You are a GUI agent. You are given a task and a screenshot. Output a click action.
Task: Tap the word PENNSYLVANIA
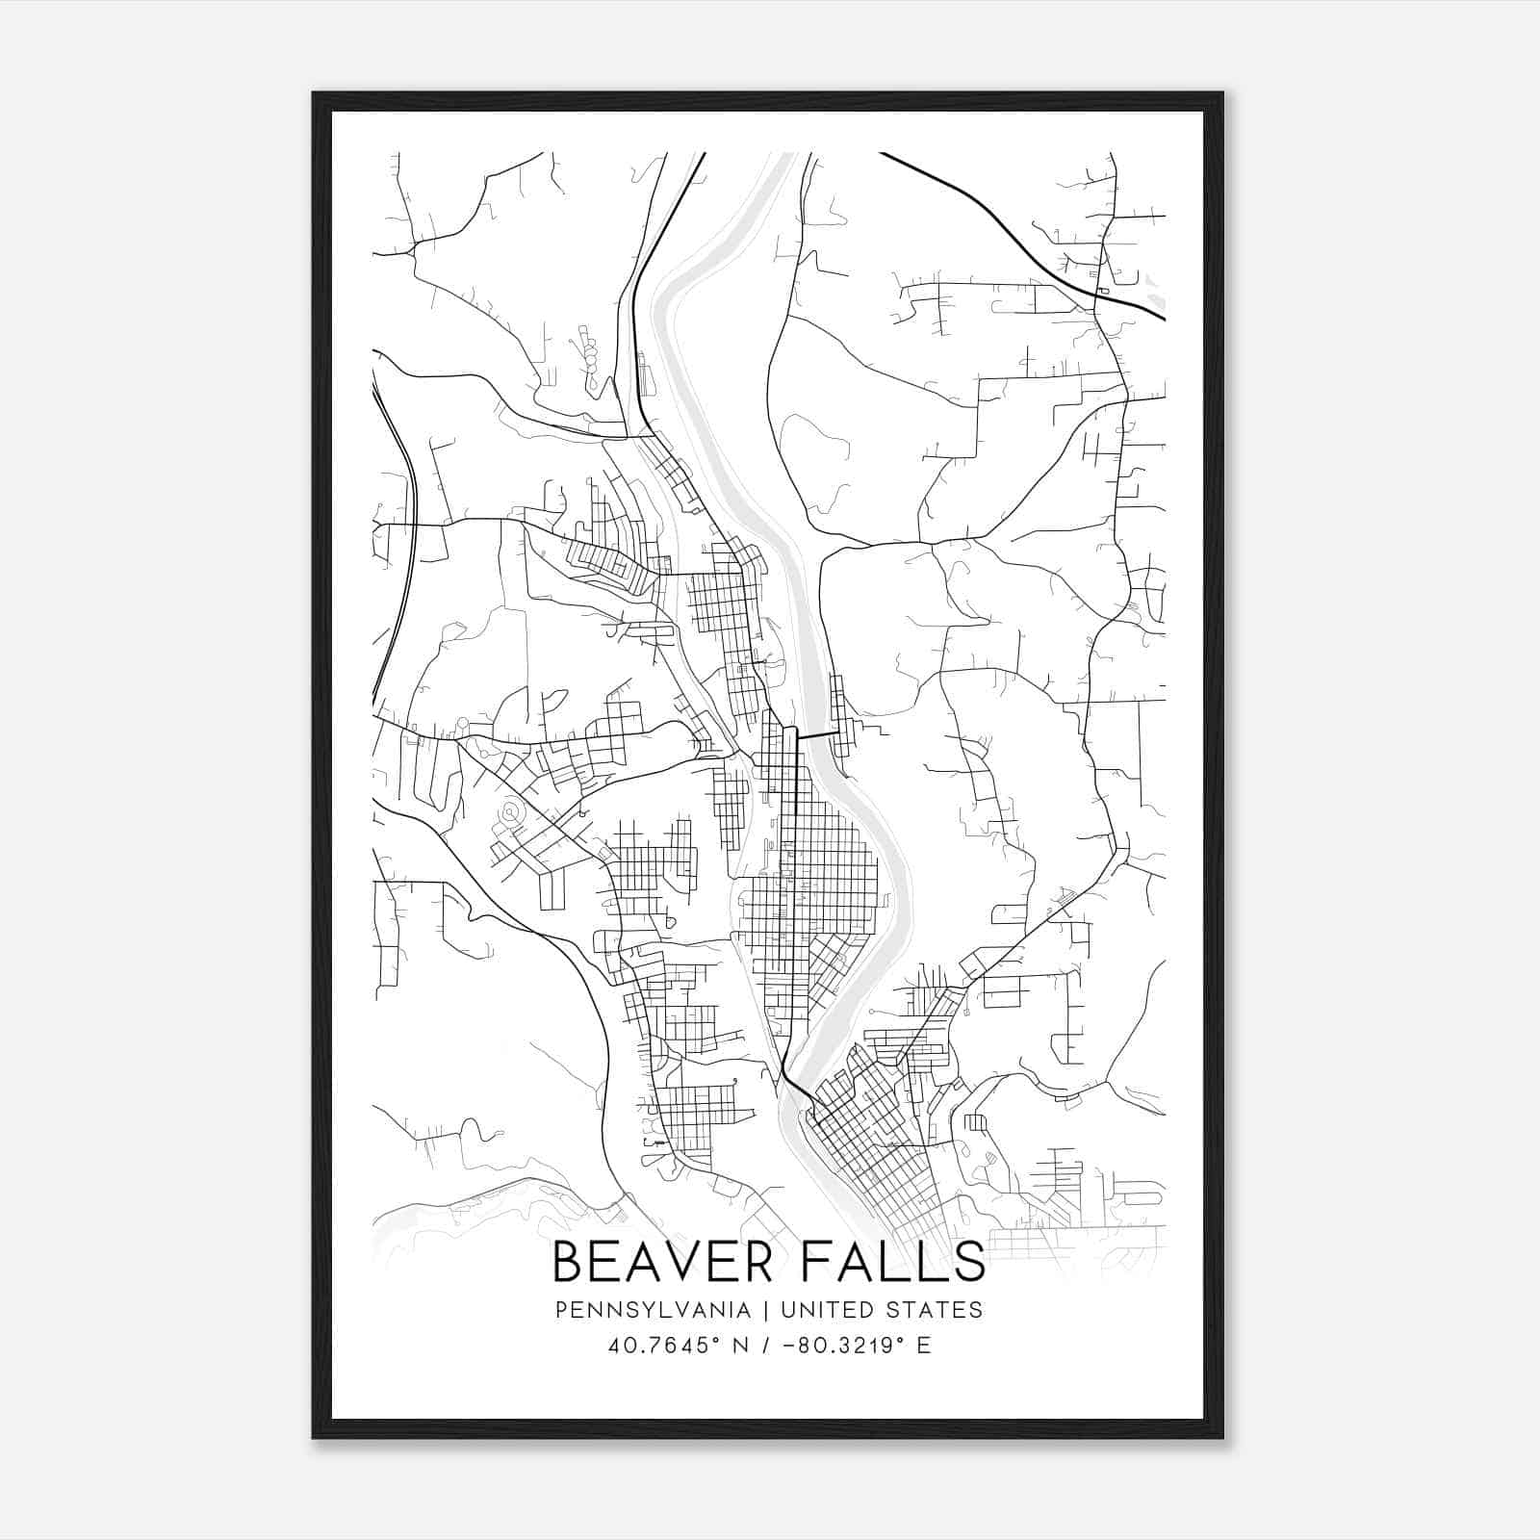pyautogui.click(x=653, y=1310)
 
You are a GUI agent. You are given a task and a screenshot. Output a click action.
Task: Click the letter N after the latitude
pyautogui.click(x=740, y=1346)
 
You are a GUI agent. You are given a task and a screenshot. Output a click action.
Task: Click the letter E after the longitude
pyautogui.click(x=924, y=1346)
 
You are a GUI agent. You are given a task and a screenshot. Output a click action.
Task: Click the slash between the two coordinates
pyautogui.click(x=766, y=1346)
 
